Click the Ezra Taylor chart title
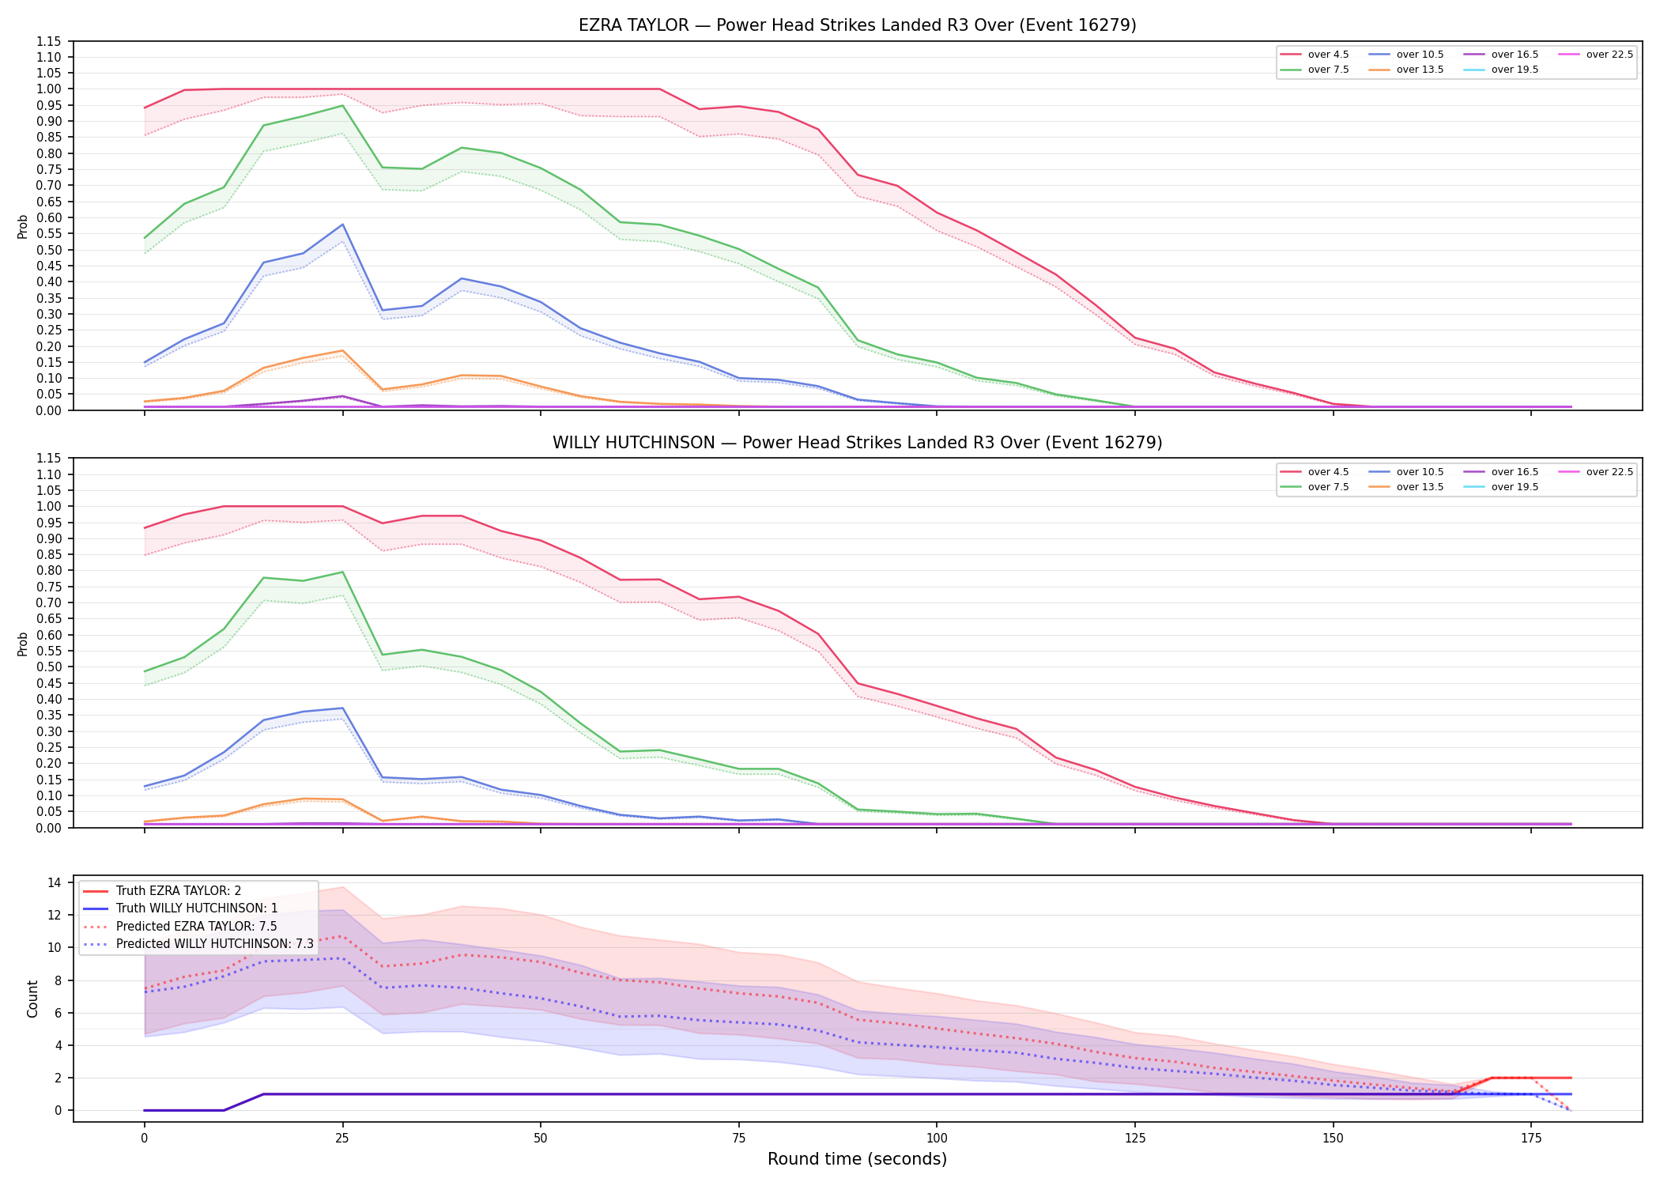pyautogui.click(x=857, y=25)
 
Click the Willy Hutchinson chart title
pyautogui.click(x=857, y=443)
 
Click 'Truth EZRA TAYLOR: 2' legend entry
pyautogui.click(x=162, y=891)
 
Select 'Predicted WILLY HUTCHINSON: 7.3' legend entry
pyautogui.click(x=198, y=944)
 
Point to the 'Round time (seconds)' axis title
pyautogui.click(x=857, y=1159)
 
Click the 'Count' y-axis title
pyautogui.click(x=32, y=999)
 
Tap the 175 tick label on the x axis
pyautogui.click(x=1531, y=1139)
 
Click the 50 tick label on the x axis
pyautogui.click(x=540, y=1139)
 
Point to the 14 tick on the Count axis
pyautogui.click(x=55, y=882)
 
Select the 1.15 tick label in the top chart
pyautogui.click(x=48, y=41)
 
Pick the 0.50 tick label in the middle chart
pyautogui.click(x=48, y=667)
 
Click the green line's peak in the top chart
pyautogui.click(x=342, y=105)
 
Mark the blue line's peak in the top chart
pyautogui.click(x=342, y=225)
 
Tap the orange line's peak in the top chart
pyautogui.click(x=342, y=350)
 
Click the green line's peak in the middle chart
pyautogui.click(x=342, y=572)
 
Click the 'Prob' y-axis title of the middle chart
pyautogui.click(x=23, y=644)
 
